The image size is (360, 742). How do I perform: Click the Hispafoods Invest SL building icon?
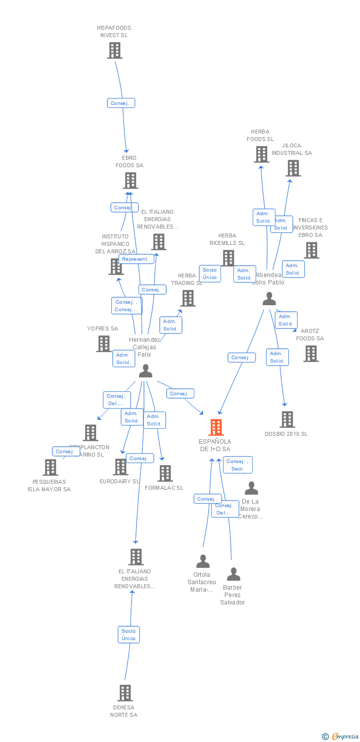(x=114, y=50)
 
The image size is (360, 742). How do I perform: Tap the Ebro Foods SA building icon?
(x=131, y=181)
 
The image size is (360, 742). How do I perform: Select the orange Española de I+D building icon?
(x=216, y=427)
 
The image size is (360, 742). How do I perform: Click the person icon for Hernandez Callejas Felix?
(x=145, y=371)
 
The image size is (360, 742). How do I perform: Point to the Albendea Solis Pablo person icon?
(x=269, y=299)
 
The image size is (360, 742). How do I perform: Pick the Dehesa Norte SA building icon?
(x=126, y=693)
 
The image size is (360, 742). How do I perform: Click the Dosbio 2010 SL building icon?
(x=287, y=419)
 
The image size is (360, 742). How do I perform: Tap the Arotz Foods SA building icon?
(x=311, y=354)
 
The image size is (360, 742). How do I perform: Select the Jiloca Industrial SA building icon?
(x=293, y=168)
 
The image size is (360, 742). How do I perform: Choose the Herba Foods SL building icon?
(x=261, y=154)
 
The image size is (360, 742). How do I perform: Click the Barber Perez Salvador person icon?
(x=233, y=574)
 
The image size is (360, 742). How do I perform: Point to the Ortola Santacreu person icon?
(x=203, y=561)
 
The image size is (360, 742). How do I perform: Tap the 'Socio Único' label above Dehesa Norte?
(x=129, y=634)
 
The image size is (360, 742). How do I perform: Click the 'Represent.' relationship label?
(x=135, y=259)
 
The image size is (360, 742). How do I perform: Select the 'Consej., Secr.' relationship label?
(x=237, y=465)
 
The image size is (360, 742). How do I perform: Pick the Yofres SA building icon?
(x=104, y=343)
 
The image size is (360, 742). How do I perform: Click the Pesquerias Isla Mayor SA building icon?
(x=50, y=467)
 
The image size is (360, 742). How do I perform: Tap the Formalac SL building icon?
(x=165, y=473)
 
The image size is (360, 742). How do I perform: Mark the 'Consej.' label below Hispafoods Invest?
(x=121, y=103)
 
